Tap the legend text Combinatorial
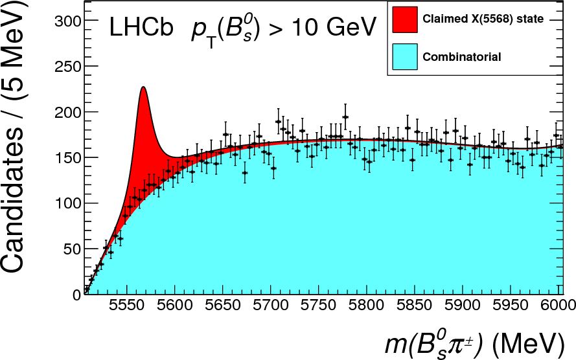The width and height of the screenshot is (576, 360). pyautogui.click(x=462, y=57)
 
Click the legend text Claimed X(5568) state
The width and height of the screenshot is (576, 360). pyautogui.click(x=483, y=19)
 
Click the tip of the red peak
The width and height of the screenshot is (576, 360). pyautogui.click(x=143, y=87)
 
